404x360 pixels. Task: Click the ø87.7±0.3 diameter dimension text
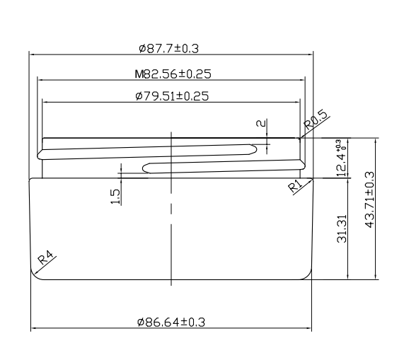169,48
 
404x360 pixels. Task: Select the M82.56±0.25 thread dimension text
173,74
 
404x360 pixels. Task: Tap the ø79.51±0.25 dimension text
172,96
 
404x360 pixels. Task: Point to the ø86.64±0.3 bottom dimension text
171,322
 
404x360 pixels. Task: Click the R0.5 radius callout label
316,120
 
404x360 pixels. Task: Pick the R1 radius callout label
295,187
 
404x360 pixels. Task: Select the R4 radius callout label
46,257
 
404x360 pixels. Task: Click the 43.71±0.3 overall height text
369,200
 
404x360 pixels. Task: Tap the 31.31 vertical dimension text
342,228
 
